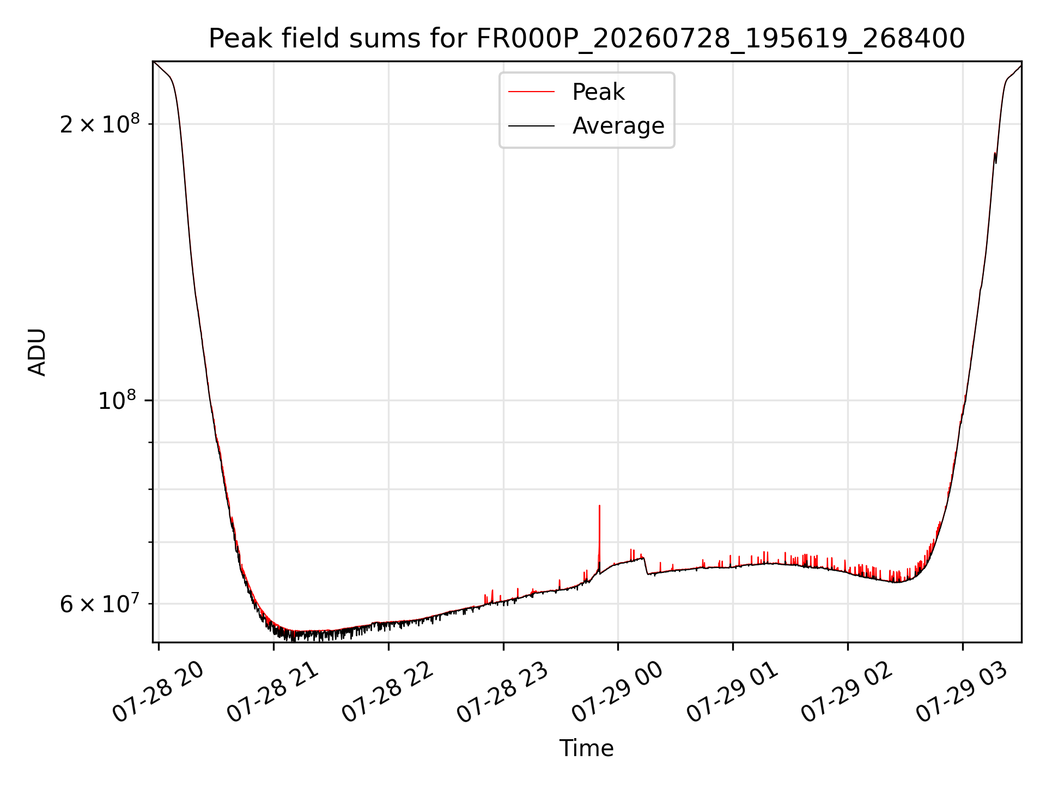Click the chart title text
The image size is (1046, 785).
coord(587,38)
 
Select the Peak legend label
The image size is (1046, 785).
coord(598,92)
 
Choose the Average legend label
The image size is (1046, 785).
coord(618,126)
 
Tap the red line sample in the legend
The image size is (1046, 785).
coord(532,92)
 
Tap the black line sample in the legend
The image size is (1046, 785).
coord(532,126)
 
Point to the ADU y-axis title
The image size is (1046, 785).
coord(37,352)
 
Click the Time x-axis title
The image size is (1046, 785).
coord(587,748)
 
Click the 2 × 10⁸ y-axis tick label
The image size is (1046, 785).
coord(100,124)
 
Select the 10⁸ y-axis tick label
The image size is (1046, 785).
coord(117,400)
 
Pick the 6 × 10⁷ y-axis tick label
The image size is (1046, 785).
coord(100,603)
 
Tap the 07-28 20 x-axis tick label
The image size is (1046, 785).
coord(158,692)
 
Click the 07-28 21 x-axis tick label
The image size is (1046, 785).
coord(273,692)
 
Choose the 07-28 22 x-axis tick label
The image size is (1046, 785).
coord(388,692)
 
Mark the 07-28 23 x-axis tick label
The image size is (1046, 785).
coord(503,692)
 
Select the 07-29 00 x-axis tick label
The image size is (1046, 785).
coord(618,692)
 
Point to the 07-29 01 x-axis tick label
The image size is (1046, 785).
coord(733,692)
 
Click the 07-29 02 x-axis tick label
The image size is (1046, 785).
coord(848,692)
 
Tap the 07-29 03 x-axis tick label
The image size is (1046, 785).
coord(963,692)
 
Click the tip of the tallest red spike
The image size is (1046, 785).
coord(599,505)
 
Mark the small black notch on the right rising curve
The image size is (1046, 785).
coord(995,159)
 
